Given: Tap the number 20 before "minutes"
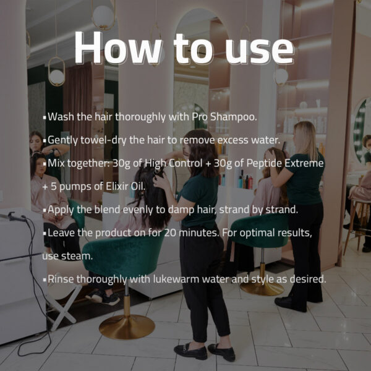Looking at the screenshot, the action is (171, 233).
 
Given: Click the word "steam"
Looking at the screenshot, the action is (76, 256).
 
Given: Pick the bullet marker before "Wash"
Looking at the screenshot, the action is (45, 117).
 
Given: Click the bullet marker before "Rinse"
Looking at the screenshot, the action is (45, 280).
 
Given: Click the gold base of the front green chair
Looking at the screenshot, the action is (127, 327).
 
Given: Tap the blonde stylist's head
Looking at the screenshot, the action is (305, 133).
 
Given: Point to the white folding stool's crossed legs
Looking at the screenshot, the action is (64, 307).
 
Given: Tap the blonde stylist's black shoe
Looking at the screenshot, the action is (291, 304).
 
